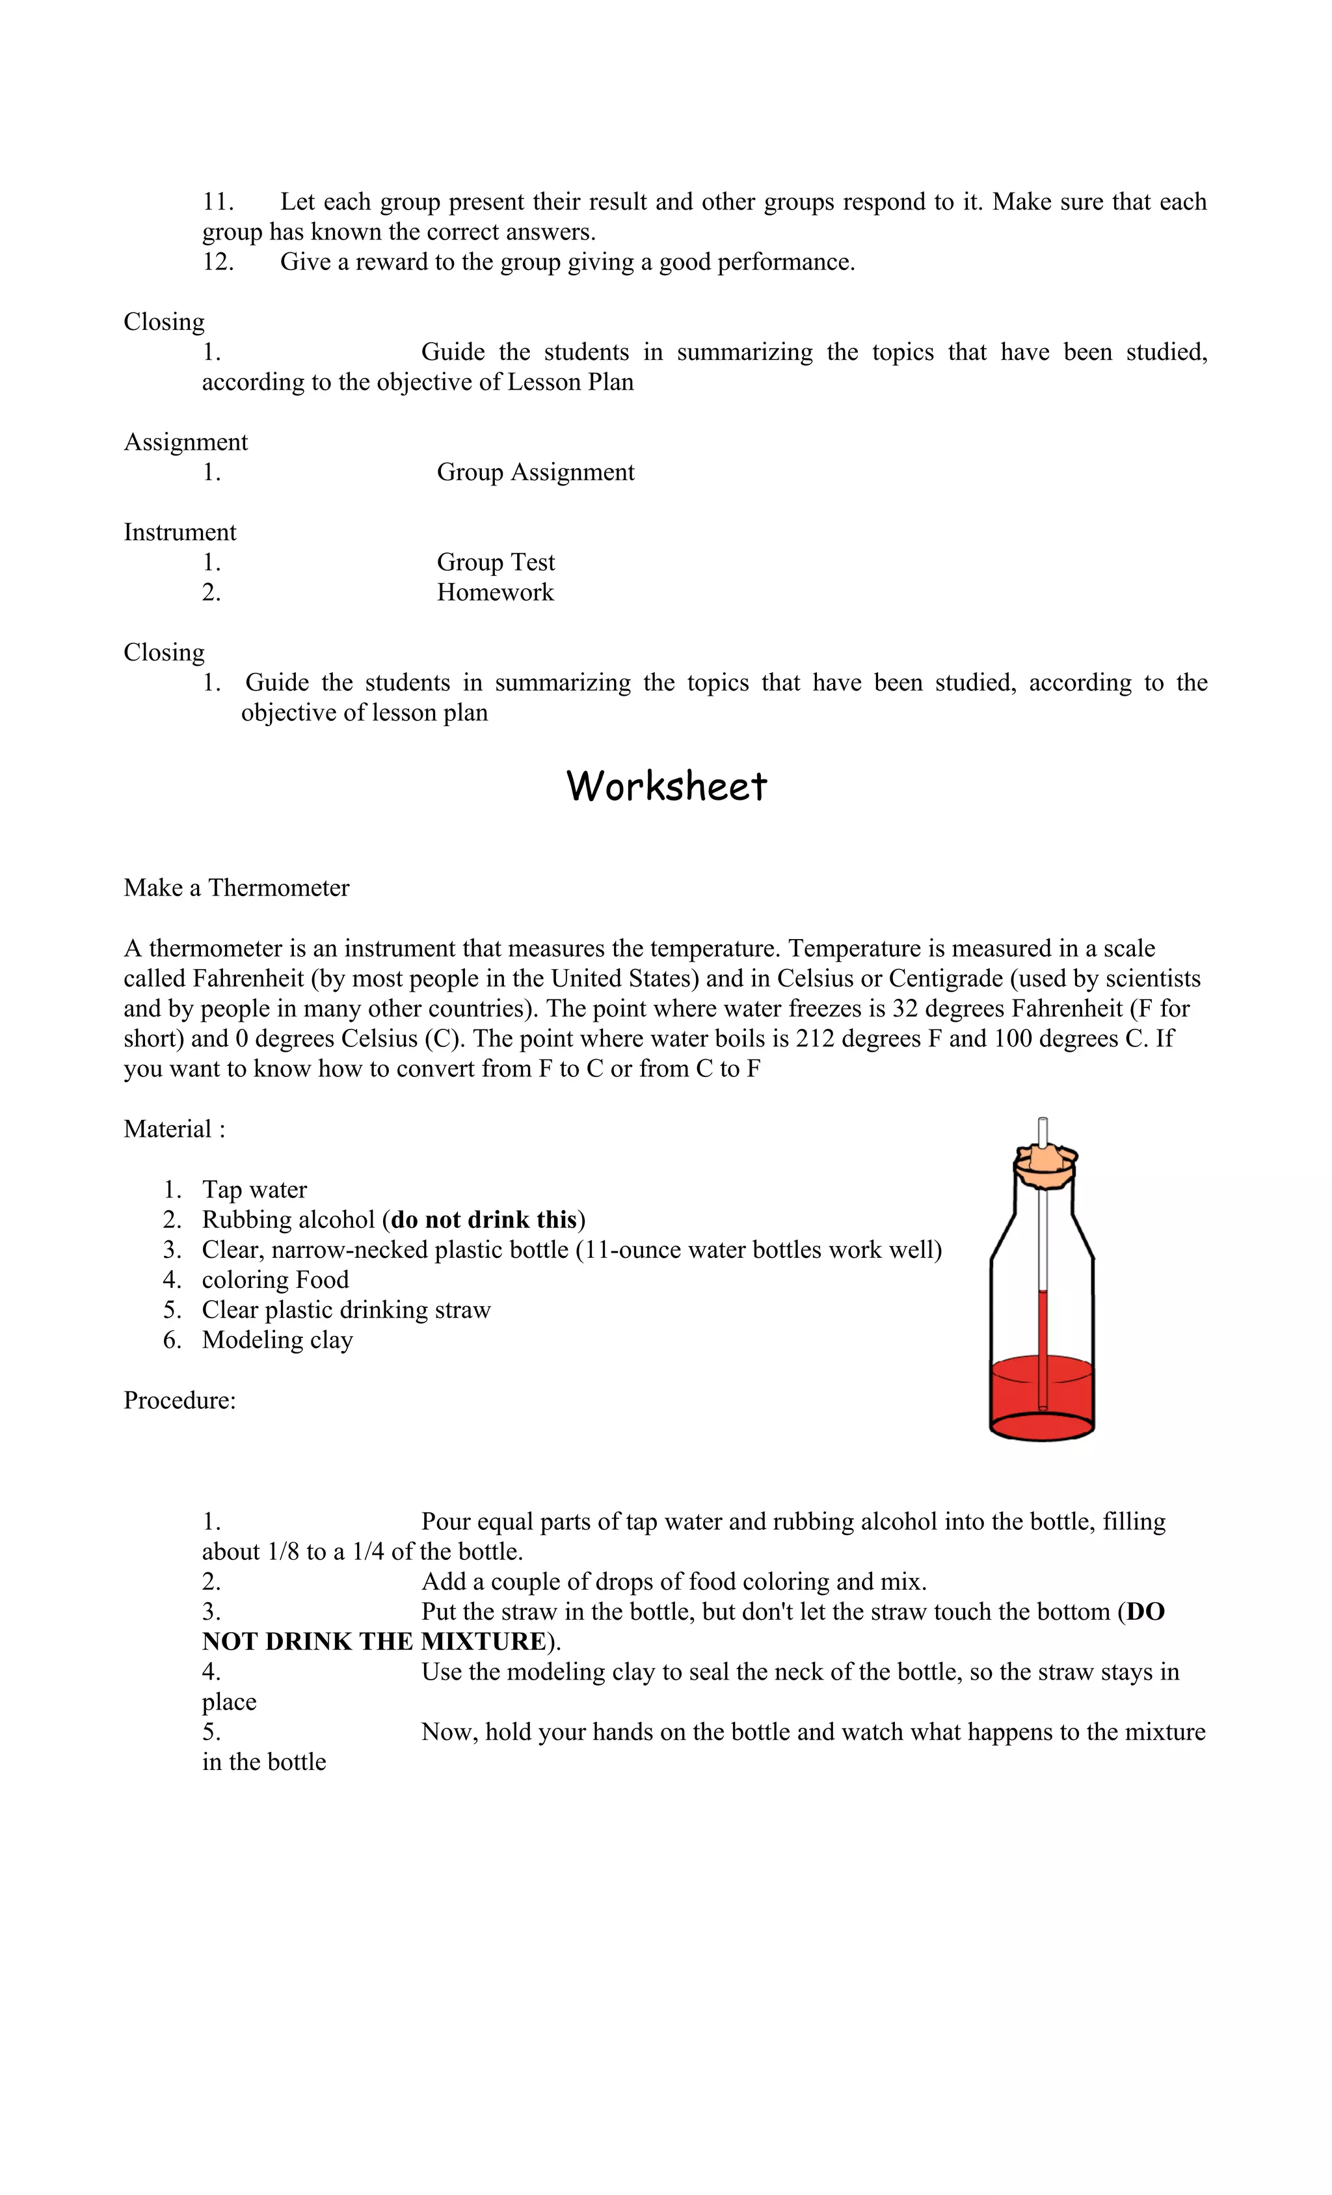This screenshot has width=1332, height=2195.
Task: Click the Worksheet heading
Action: pos(666,787)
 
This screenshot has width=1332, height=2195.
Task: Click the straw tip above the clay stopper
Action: pos(1043,1130)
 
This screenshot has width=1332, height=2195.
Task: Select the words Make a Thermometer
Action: pos(236,888)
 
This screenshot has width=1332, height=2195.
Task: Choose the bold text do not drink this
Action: pos(483,1220)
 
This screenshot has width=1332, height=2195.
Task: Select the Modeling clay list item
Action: pos(277,1340)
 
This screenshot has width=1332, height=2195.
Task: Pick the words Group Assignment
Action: pos(535,472)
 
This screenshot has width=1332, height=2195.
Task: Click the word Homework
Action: pos(495,592)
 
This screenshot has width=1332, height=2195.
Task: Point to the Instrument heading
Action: pos(180,533)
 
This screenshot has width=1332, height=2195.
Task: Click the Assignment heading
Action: pos(185,443)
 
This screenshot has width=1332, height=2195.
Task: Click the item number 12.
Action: pos(217,262)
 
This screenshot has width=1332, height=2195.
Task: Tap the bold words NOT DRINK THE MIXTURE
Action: pos(373,1642)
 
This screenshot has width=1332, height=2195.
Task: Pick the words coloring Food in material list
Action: pos(275,1280)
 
